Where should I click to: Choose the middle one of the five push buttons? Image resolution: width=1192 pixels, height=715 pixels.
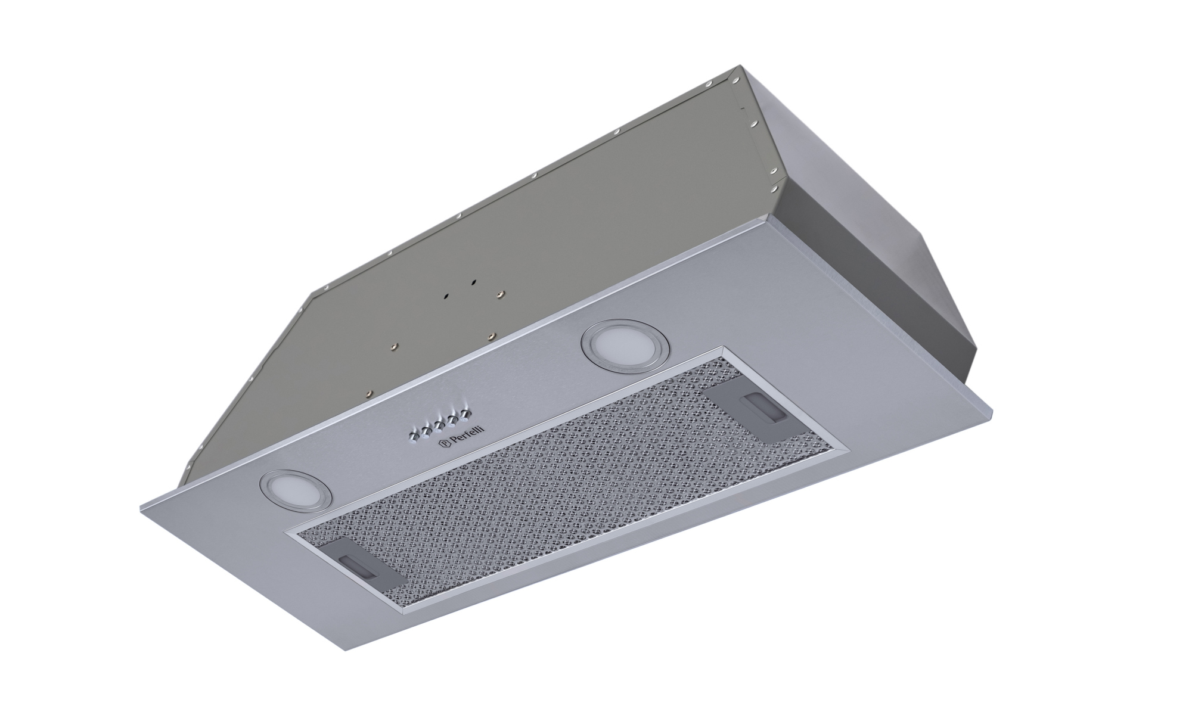click(x=439, y=425)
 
